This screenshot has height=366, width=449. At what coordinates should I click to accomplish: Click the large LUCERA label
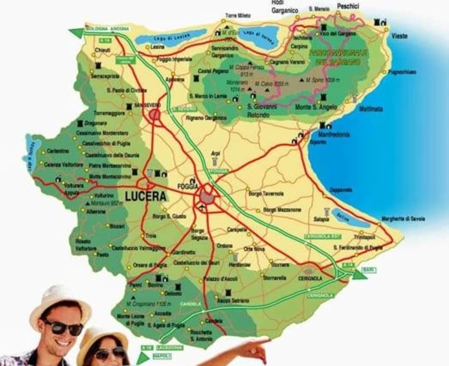pyautogui.click(x=145, y=196)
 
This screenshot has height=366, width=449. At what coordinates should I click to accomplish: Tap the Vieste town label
pyautogui.click(x=399, y=36)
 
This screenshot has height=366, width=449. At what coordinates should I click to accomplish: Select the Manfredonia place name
pyautogui.click(x=333, y=135)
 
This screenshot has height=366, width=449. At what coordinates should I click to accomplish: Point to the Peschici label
pyautogui.click(x=348, y=6)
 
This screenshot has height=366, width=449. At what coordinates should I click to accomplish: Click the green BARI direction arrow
pyautogui.click(x=359, y=274)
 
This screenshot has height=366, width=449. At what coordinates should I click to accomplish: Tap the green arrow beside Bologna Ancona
pyautogui.click(x=76, y=32)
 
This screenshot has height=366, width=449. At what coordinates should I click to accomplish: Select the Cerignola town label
pyautogui.click(x=310, y=278)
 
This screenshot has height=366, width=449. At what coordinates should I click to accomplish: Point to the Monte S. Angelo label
pyautogui.click(x=316, y=107)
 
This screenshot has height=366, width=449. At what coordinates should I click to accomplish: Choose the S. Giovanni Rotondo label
pyautogui.click(x=261, y=111)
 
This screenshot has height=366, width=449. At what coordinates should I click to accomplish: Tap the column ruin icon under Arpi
pyautogui.click(x=215, y=162)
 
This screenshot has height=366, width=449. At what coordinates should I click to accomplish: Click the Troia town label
pyautogui.click(x=151, y=236)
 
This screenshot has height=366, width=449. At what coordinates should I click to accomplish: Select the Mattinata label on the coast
pyautogui.click(x=371, y=109)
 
